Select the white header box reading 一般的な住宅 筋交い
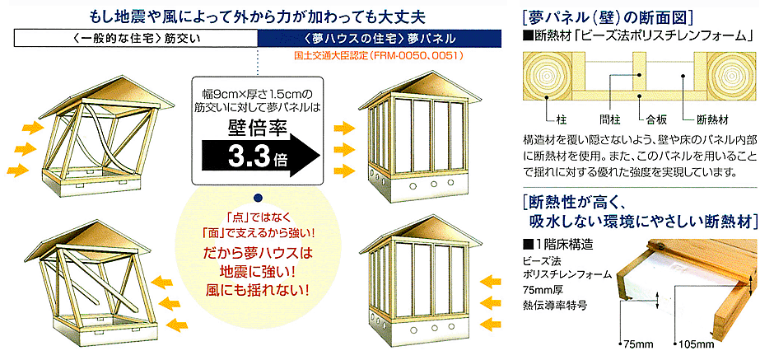136,38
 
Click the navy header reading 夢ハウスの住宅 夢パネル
380,38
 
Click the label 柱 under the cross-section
557,119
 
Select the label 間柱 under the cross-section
608,119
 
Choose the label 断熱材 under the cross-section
712,119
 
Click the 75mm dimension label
633,344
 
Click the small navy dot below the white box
256,198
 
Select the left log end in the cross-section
547,77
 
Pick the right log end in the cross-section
730,77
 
